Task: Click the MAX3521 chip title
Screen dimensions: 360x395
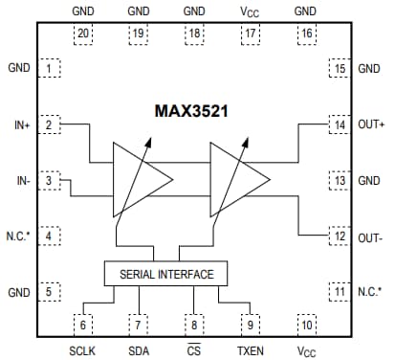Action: (197, 111)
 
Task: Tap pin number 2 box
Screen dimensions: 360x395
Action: (53, 124)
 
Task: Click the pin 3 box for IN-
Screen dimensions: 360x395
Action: (53, 179)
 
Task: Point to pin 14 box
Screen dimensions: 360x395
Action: (338, 124)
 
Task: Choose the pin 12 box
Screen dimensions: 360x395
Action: (338, 235)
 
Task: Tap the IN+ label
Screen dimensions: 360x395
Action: (18, 124)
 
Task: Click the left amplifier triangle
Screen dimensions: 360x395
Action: (140, 179)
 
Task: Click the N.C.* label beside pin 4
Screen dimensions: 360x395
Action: (18, 235)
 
